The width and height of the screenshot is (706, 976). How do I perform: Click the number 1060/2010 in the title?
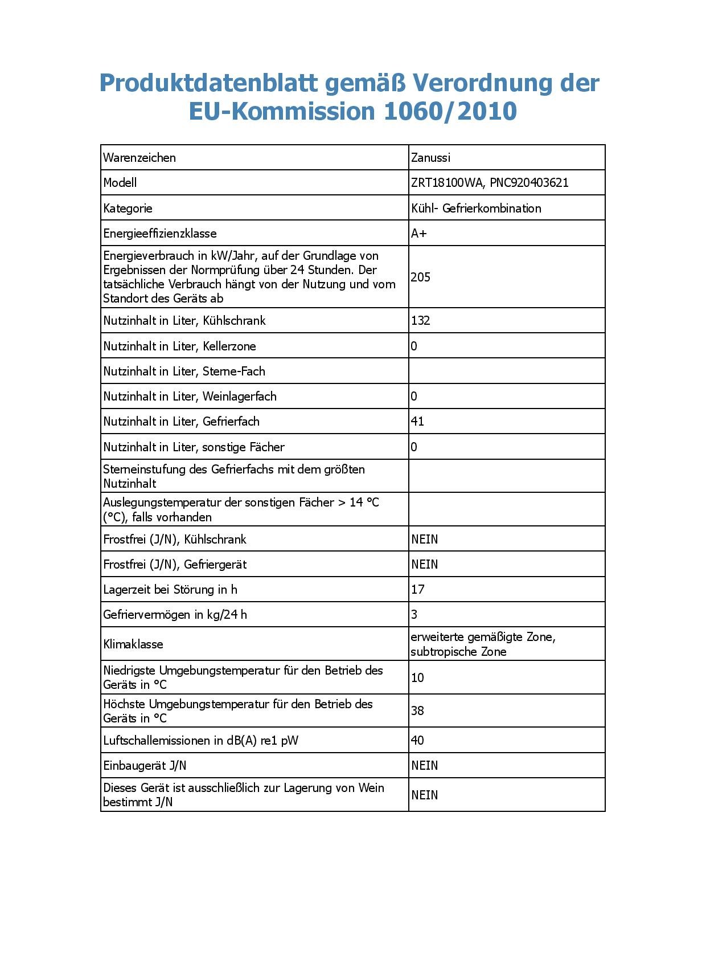[450, 111]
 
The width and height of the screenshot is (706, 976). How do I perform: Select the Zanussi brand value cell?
[430, 158]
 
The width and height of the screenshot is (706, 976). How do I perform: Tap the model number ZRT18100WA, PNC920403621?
[489, 183]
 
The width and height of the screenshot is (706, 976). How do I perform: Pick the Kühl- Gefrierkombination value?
[476, 209]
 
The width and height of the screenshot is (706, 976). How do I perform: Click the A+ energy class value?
[419, 234]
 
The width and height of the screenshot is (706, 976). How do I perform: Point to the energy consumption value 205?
[421, 277]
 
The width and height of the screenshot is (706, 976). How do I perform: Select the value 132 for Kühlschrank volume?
[421, 321]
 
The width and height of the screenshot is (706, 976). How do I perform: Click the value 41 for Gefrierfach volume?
[417, 422]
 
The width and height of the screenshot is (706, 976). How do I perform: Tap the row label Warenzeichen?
[139, 158]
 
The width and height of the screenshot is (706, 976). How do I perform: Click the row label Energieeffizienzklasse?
[160, 234]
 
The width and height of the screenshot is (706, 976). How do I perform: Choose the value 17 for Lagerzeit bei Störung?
[418, 590]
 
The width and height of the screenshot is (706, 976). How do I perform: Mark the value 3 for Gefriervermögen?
[414, 615]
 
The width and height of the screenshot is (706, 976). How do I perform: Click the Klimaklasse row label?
[133, 644]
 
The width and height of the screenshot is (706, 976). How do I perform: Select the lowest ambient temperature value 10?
[417, 678]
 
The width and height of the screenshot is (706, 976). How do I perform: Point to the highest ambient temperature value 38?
[417, 711]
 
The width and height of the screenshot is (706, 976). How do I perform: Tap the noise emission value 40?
[417, 741]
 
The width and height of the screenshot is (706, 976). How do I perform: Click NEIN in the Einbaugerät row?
[425, 766]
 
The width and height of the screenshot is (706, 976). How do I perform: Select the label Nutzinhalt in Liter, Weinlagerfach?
[190, 397]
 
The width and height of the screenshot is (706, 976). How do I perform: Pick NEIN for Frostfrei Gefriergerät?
[425, 565]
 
